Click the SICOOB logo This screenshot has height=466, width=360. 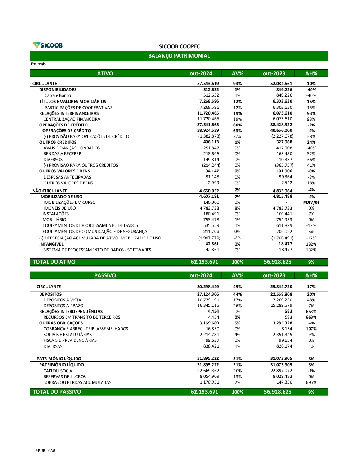coord(48,45)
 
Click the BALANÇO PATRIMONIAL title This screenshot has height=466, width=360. coord(179,56)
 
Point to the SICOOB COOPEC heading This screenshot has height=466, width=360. coord(179,46)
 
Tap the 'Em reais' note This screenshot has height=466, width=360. coord(38,64)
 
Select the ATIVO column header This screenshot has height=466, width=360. coord(105,73)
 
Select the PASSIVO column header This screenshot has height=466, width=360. coord(105,275)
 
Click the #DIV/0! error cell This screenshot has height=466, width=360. coord(311,202)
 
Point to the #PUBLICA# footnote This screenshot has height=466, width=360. coord(45,451)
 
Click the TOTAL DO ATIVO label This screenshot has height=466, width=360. coord(54,262)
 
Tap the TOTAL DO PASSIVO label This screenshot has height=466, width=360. coord(57,392)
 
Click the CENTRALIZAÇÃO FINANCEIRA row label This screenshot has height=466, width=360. coord(72,119)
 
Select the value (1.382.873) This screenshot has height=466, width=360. coord(209,136)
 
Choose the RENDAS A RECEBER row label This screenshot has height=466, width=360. coord(62,154)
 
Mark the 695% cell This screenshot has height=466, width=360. coord(311,382)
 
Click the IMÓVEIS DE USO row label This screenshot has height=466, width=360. coord(59,208)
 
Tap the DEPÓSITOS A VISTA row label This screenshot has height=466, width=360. coord(62,300)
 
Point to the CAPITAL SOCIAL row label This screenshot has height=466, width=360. coord(59,371)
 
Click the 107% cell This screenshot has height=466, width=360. coord(311,329)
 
